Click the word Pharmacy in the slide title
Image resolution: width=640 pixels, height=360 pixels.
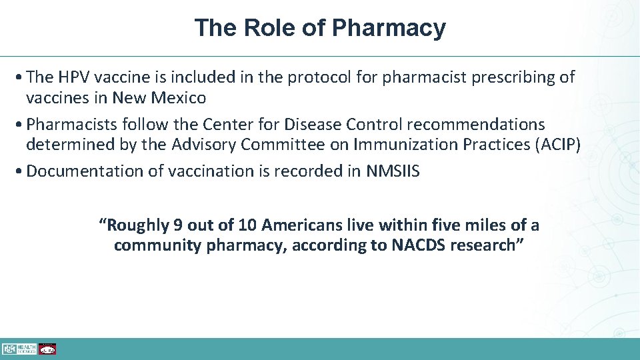coord(389,28)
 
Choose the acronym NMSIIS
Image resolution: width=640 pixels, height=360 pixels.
coord(393,171)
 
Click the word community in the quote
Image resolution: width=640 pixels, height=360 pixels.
coord(157,245)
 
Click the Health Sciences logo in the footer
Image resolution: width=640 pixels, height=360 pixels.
coord(18,349)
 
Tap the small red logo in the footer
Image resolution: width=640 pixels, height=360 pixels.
coord(47,349)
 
